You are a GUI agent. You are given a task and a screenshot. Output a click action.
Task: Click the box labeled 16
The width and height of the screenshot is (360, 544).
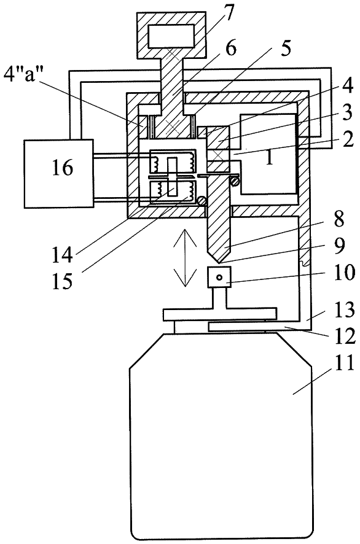(x=59, y=174)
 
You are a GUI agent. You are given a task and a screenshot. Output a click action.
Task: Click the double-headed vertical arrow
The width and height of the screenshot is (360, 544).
(x=184, y=260)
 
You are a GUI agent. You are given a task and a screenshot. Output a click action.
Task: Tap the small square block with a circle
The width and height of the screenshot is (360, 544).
(x=219, y=277)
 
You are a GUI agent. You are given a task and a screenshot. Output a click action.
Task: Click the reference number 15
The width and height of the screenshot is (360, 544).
(x=63, y=281)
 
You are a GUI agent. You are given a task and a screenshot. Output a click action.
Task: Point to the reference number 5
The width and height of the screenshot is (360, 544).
(x=284, y=49)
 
